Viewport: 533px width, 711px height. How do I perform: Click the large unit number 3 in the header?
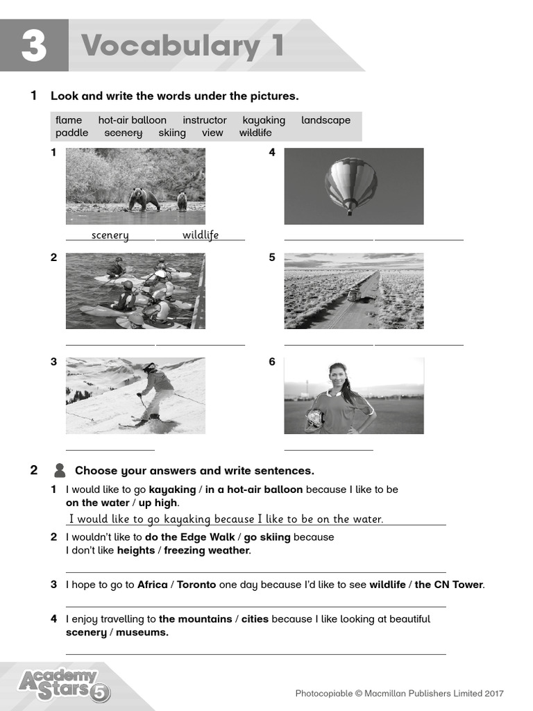pos(34,46)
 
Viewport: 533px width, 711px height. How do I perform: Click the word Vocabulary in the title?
pos(169,46)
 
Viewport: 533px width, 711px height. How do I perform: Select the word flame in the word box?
pos(69,120)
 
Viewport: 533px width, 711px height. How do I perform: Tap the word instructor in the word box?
pos(205,120)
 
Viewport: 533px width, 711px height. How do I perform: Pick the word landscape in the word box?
pos(325,120)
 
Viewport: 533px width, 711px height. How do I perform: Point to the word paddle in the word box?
pos(71,133)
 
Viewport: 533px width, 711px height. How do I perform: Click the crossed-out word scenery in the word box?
pos(123,133)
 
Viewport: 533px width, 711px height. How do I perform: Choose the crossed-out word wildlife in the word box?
pos(255,133)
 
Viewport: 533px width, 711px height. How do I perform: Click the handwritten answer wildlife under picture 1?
pos(201,235)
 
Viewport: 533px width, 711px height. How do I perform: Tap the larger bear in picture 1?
pos(144,199)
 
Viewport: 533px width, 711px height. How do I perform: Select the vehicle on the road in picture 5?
pos(353,294)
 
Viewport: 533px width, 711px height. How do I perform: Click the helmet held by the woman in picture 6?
pos(314,418)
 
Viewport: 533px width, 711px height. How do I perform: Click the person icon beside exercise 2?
pos(60,471)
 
